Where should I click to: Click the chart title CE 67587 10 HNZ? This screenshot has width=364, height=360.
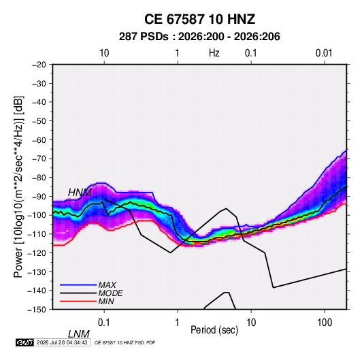199,19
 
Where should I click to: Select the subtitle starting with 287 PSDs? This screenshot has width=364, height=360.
199,37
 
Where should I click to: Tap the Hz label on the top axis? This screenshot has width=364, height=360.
214,53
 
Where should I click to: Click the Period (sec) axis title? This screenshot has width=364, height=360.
214,330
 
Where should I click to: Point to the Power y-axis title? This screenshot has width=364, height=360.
18,187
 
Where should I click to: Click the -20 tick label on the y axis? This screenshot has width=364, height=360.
39,65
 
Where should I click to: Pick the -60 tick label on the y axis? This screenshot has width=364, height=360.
39,140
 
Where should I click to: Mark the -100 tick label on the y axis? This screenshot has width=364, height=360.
37,215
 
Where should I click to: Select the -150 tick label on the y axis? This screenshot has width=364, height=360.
37,310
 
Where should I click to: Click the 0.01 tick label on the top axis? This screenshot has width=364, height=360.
324,53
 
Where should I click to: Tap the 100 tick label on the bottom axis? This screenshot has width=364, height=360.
325,323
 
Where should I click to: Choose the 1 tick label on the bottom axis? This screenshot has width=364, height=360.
177,323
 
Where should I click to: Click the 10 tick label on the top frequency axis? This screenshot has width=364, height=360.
104,53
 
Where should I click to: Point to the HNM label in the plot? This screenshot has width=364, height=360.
80,193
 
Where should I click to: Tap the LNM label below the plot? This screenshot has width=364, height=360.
79,334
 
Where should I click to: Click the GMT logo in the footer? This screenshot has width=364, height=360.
25,342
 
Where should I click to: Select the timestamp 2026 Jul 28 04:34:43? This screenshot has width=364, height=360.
62,342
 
